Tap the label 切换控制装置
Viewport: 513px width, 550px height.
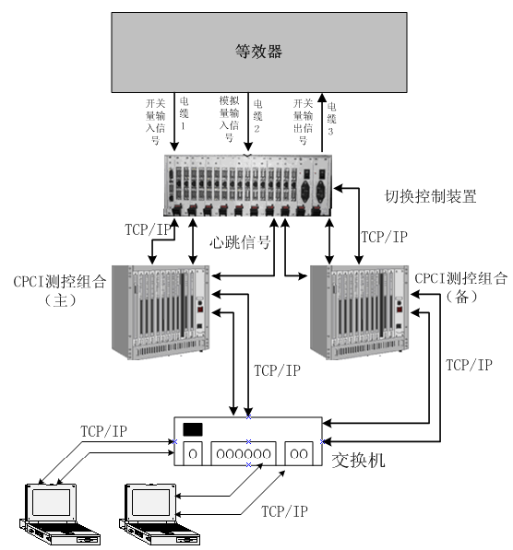pyautogui.click(x=430, y=196)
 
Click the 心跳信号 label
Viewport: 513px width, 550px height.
pyautogui.click(x=240, y=243)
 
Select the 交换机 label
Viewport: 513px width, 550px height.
pyautogui.click(x=358, y=460)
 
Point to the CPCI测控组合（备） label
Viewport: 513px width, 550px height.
pyautogui.click(x=460, y=286)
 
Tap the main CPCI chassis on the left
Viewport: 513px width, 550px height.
pyautogui.click(x=157, y=311)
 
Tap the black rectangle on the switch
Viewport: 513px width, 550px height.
pyautogui.click(x=193, y=429)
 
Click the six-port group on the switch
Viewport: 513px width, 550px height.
pyautogui.click(x=247, y=453)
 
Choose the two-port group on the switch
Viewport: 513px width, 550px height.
pyautogui.click(x=302, y=453)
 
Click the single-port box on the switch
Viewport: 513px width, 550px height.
pyautogui.click(x=193, y=453)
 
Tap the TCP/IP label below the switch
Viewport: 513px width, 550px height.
pyautogui.click(x=284, y=509)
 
